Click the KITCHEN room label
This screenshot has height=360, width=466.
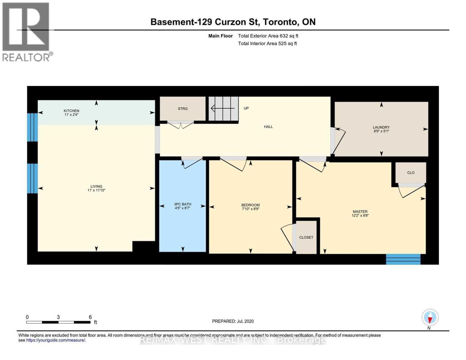tap(71, 111)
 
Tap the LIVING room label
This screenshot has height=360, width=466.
tap(96, 186)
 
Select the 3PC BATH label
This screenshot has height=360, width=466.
tap(182, 204)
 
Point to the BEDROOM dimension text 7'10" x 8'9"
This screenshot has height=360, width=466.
tap(250, 209)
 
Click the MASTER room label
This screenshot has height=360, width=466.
tap(360, 211)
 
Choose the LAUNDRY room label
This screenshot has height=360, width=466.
tap(381, 127)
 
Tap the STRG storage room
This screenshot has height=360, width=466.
tap(182, 109)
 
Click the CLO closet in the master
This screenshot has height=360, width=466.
tap(411, 172)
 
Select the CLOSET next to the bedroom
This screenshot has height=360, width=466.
tap(306, 237)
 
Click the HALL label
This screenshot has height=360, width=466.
tap(268, 127)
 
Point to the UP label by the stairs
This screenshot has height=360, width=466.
tap(246, 108)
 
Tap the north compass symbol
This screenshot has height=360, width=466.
tap(430, 317)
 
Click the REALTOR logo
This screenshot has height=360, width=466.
tap(26, 32)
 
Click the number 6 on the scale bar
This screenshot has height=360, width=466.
tap(90, 317)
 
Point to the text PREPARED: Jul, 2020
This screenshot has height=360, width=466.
tap(233, 321)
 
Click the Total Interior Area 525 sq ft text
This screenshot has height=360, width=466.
tap(267, 43)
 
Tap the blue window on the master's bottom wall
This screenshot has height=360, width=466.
tap(403, 259)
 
